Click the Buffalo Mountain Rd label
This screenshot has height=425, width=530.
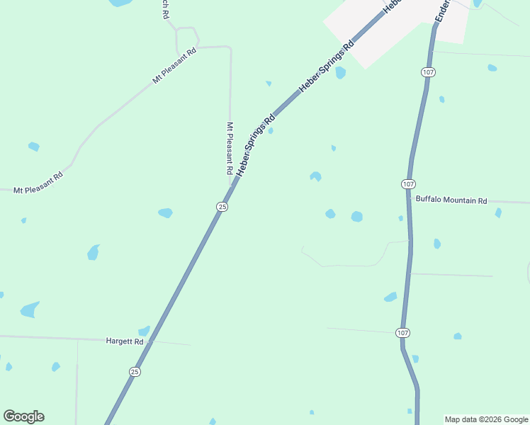click(451, 200)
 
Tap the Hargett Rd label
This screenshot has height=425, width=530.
click(125, 341)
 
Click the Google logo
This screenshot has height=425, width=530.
click(24, 416)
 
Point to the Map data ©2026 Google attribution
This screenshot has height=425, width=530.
click(486, 419)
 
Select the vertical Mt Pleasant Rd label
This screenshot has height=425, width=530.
click(230, 149)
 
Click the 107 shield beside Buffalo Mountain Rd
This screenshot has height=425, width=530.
click(407, 184)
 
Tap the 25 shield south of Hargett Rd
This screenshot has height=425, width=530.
click(135, 371)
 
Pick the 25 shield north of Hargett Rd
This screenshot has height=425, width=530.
click(222, 207)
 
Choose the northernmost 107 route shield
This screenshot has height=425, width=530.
click(427, 72)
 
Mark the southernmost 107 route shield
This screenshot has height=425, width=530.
click(402, 333)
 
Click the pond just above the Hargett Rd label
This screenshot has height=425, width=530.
click(144, 331)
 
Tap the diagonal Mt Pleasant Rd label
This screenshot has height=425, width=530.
click(174, 66)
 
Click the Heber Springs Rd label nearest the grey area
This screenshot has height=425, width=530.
click(327, 67)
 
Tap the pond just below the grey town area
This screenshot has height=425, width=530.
click(341, 72)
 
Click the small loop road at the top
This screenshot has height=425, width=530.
click(187, 39)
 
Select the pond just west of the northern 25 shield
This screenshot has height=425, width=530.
click(165, 212)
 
